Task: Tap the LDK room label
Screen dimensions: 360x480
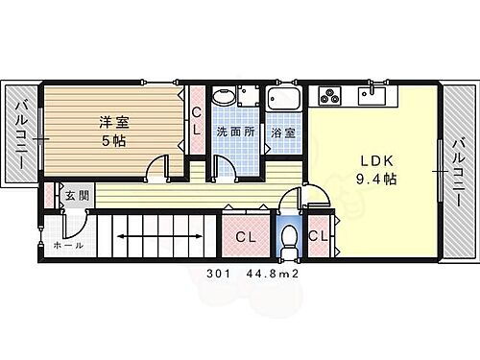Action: (x=372, y=159)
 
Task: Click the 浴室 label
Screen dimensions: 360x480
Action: (x=282, y=132)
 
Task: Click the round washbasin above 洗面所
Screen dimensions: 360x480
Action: (x=223, y=97)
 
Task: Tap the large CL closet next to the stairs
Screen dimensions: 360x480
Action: (x=246, y=236)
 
